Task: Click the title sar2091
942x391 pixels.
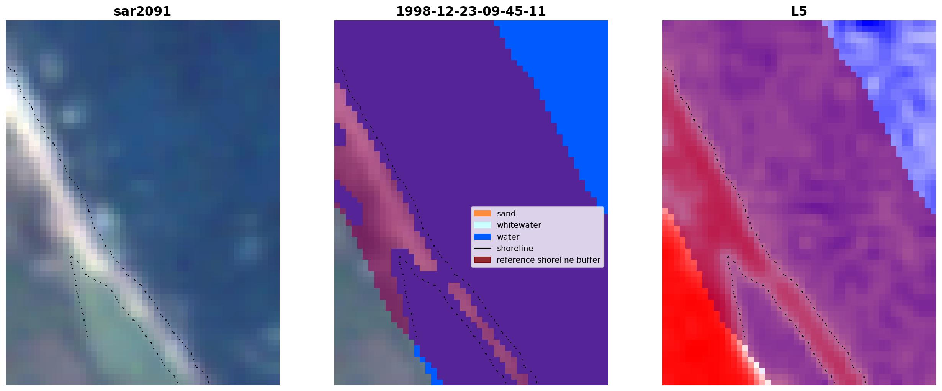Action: coord(142,11)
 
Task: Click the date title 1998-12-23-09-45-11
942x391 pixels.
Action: coord(471,11)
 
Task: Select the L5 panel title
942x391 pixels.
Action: coord(799,11)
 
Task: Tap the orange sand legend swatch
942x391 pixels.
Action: coord(482,213)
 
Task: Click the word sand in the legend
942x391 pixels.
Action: coord(506,214)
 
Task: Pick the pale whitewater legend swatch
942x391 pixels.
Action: coord(482,225)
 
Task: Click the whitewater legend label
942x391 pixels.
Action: coord(519,225)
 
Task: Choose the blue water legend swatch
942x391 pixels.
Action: coord(482,237)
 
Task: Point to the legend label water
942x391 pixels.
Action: coord(508,237)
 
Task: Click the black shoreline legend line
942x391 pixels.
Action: coord(482,249)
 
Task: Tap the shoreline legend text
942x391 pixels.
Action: coord(515,249)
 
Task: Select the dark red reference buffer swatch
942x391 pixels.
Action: coord(482,260)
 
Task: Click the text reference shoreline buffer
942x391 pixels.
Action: coord(548,260)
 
